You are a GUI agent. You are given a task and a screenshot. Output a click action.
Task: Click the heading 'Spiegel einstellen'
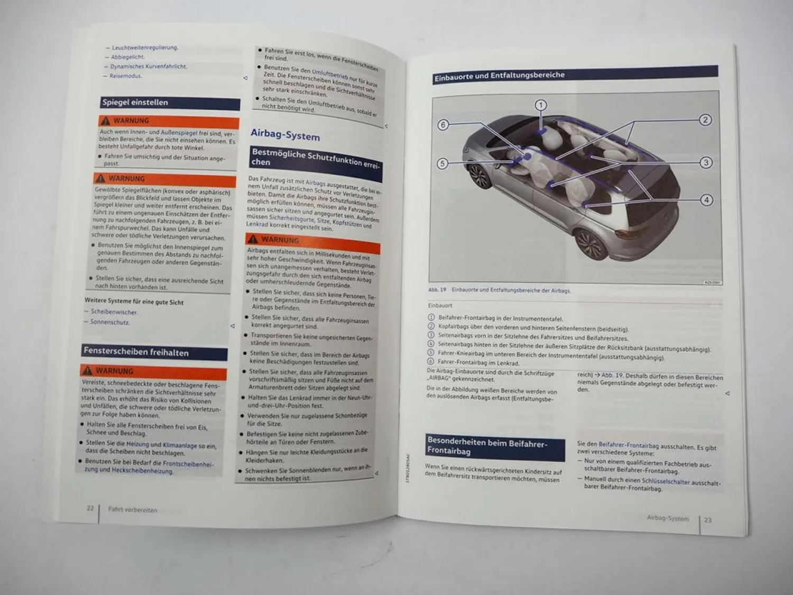click(x=135, y=103)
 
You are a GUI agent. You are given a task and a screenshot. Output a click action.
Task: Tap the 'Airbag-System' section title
click(x=285, y=135)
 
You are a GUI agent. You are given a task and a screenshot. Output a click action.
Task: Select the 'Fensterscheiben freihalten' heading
click(x=136, y=352)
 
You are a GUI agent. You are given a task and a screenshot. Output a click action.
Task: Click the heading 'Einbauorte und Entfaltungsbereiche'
click(x=499, y=76)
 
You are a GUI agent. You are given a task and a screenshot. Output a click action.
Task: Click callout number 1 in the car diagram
click(x=540, y=105)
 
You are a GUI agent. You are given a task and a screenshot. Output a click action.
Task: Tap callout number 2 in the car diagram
click(x=705, y=120)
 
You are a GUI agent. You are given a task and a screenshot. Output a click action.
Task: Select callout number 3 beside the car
click(x=706, y=162)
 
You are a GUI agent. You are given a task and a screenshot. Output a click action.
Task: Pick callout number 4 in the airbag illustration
click(x=706, y=200)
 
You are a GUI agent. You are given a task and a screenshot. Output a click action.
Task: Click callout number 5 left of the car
click(x=442, y=163)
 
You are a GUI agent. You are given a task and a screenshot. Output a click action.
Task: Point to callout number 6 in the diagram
click(x=443, y=125)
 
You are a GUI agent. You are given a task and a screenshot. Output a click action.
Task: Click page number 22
click(x=90, y=508)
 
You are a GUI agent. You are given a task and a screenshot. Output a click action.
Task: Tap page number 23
click(x=708, y=520)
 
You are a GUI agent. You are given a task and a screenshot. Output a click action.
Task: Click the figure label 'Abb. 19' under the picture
click(x=437, y=290)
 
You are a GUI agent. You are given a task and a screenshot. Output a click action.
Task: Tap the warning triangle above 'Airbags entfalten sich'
click(x=253, y=239)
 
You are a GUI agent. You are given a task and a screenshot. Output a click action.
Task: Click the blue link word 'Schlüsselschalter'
click(x=666, y=482)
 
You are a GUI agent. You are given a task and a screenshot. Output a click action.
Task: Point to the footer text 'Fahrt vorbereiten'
click(x=133, y=510)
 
